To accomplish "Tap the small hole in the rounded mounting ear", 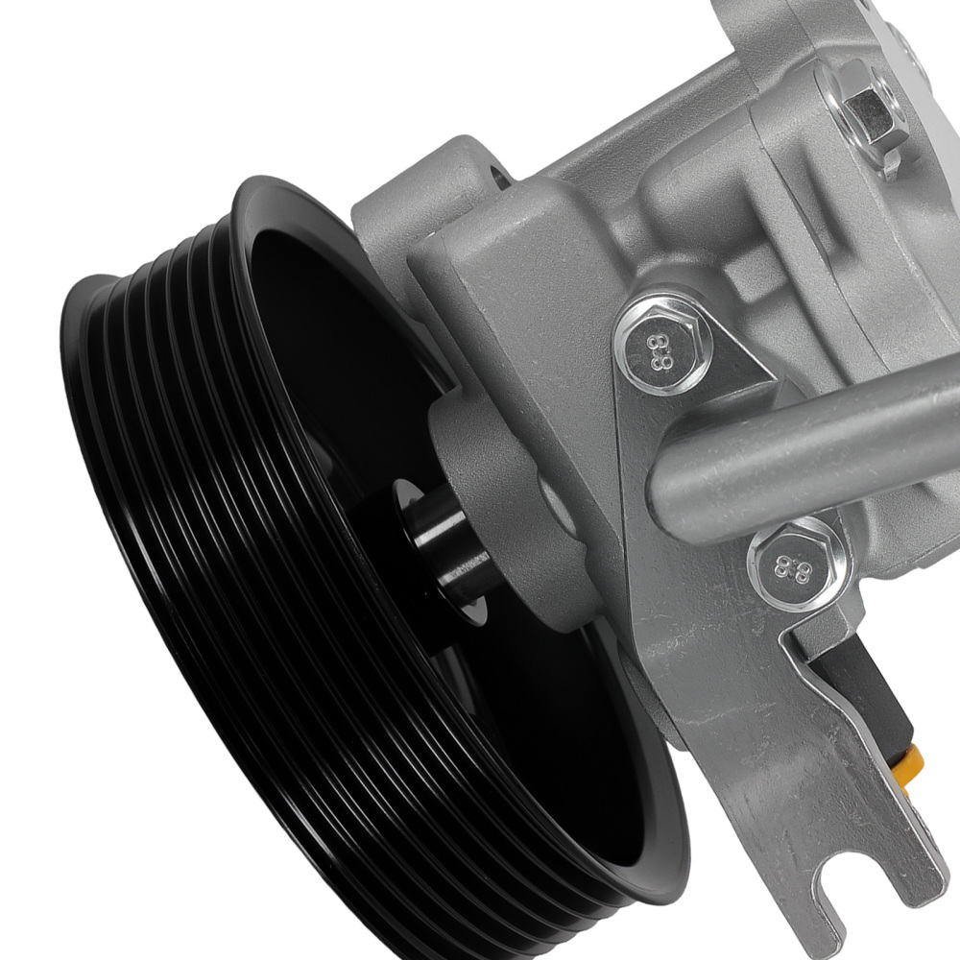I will [x=496, y=180].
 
